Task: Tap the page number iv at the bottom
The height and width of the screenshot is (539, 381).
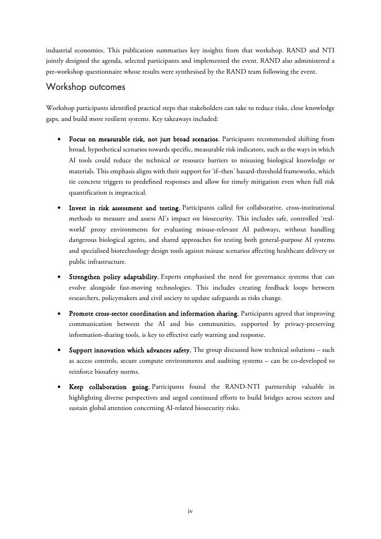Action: [x=190, y=511]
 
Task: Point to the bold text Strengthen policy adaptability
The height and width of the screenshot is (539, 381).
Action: [x=113, y=277]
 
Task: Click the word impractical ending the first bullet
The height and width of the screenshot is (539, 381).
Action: [x=131, y=193]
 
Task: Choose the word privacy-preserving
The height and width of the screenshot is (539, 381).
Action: [x=302, y=324]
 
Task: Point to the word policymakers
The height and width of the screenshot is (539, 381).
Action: [x=119, y=298]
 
